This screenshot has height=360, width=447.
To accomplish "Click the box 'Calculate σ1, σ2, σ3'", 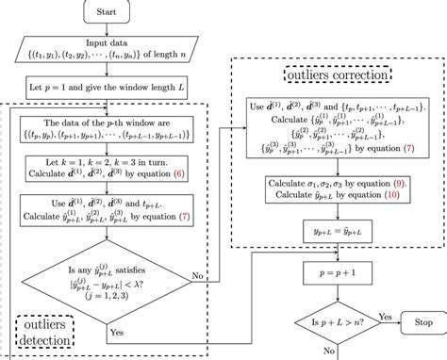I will [x=336, y=187].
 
